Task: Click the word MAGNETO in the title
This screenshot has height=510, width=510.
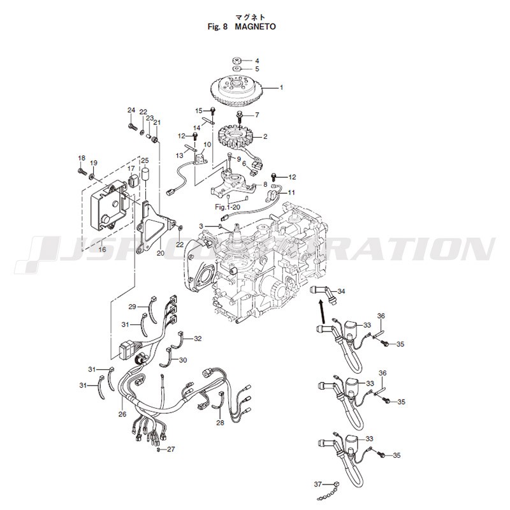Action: (255, 27)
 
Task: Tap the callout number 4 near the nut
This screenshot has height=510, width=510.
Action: (257, 61)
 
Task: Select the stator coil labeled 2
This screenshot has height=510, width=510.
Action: (235, 136)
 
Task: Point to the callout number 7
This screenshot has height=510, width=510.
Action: (257, 115)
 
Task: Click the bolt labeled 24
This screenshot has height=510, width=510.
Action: (131, 126)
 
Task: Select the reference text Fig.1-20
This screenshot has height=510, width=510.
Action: (228, 207)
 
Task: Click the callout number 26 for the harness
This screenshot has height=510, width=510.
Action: (122, 414)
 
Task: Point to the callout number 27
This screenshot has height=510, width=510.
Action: (171, 449)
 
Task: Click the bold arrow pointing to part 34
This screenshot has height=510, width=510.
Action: (321, 311)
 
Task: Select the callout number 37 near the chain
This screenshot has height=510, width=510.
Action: (317, 484)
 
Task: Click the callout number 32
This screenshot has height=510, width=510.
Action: (198, 339)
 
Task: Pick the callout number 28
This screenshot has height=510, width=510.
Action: (220, 423)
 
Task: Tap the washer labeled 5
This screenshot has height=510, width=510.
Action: (236, 69)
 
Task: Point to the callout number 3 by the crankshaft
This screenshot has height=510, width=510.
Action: (201, 226)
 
